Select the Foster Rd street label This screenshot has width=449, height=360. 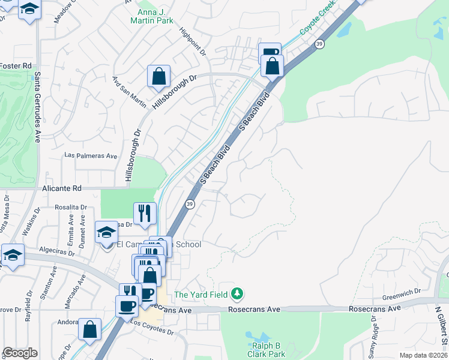click(x=16, y=65)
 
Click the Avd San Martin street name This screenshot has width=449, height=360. click(x=129, y=92)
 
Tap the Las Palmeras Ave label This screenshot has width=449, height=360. click(x=91, y=155)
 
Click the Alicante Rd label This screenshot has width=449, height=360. click(x=61, y=188)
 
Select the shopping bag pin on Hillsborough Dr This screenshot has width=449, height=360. click(x=159, y=77)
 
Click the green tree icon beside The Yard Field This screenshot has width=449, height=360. click(x=238, y=294)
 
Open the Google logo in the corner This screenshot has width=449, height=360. click(x=20, y=353)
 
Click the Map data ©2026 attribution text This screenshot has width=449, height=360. click(x=423, y=355)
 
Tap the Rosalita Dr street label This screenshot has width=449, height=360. click(x=71, y=207)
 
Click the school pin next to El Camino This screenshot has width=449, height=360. click(x=106, y=232)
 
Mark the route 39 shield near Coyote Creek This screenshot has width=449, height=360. click(x=321, y=44)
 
